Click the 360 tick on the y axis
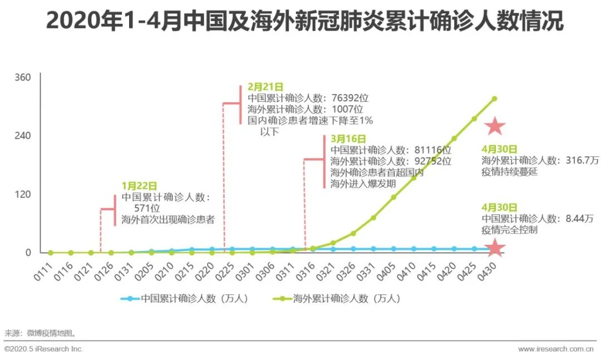coord(23,77)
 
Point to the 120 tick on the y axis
coord(23,195)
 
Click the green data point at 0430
coord(494,98)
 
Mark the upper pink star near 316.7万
coord(495,127)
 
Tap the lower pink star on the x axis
coord(495,248)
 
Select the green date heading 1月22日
coord(139,186)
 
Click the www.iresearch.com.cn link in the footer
coord(556,349)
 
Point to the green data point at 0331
coord(373,218)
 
